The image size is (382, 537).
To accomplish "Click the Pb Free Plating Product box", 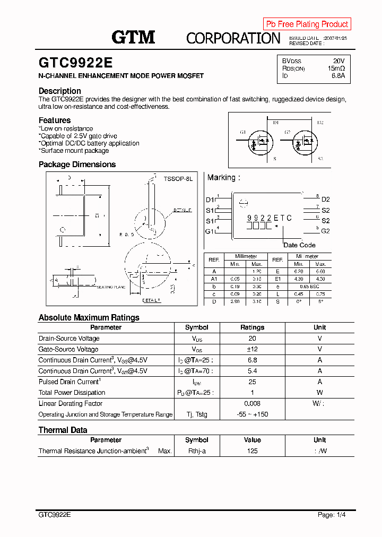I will (x=307, y=24).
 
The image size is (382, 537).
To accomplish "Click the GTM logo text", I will (x=133, y=37).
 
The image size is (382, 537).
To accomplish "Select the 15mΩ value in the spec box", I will (x=336, y=68).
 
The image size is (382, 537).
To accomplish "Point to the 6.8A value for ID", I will (x=338, y=76).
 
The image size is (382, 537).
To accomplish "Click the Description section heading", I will (x=60, y=91).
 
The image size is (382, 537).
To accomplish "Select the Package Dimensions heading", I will (x=77, y=164).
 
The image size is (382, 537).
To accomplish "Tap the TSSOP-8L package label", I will (x=178, y=179).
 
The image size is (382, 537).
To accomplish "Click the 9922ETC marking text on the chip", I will (x=269, y=218).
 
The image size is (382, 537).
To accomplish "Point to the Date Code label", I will (x=299, y=245).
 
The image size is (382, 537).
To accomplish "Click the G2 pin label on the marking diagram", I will (x=325, y=231).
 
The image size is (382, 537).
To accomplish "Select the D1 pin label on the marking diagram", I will (x=210, y=200).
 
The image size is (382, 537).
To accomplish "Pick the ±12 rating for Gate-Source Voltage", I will (x=252, y=349).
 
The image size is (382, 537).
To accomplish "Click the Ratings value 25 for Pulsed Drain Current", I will (x=252, y=382).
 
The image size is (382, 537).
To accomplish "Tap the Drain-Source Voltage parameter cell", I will (x=69, y=339).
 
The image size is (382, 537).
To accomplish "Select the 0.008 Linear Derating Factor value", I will (x=252, y=404).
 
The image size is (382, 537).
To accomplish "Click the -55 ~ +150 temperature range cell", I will (x=252, y=414).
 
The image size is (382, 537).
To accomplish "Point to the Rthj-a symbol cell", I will (x=196, y=451).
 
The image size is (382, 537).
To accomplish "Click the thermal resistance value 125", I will (x=252, y=451).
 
